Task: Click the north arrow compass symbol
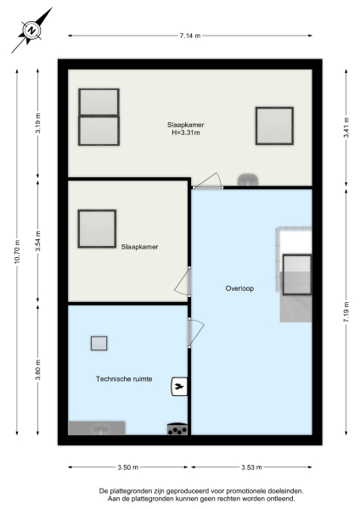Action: [32, 30]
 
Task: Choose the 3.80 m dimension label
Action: [38, 372]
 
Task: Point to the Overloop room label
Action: [239, 288]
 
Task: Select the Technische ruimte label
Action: [125, 379]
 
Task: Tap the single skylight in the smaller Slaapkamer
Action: [97, 228]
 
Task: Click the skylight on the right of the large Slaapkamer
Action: [274, 126]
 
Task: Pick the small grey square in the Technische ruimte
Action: [99, 343]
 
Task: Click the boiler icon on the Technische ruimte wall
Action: [178, 387]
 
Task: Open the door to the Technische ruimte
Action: [195, 331]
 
